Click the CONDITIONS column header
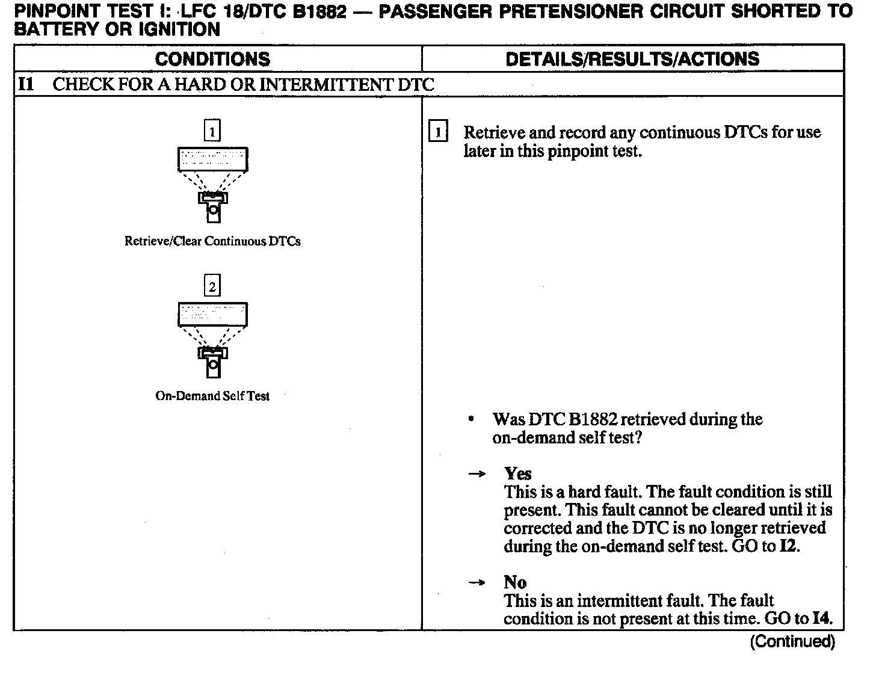point(212,59)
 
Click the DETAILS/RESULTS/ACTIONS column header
point(632,59)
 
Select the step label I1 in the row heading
point(26,84)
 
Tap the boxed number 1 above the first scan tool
point(212,131)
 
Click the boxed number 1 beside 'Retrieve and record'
point(437,132)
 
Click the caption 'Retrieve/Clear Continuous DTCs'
point(212,241)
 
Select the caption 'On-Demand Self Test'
point(212,396)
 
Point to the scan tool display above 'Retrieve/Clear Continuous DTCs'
point(213,159)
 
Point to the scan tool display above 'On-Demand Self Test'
point(213,315)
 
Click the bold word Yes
point(518,473)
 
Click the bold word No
point(515,582)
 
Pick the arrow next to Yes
point(477,474)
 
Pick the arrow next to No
point(477,583)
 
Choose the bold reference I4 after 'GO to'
point(822,618)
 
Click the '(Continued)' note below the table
point(792,641)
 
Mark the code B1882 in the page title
point(320,11)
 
